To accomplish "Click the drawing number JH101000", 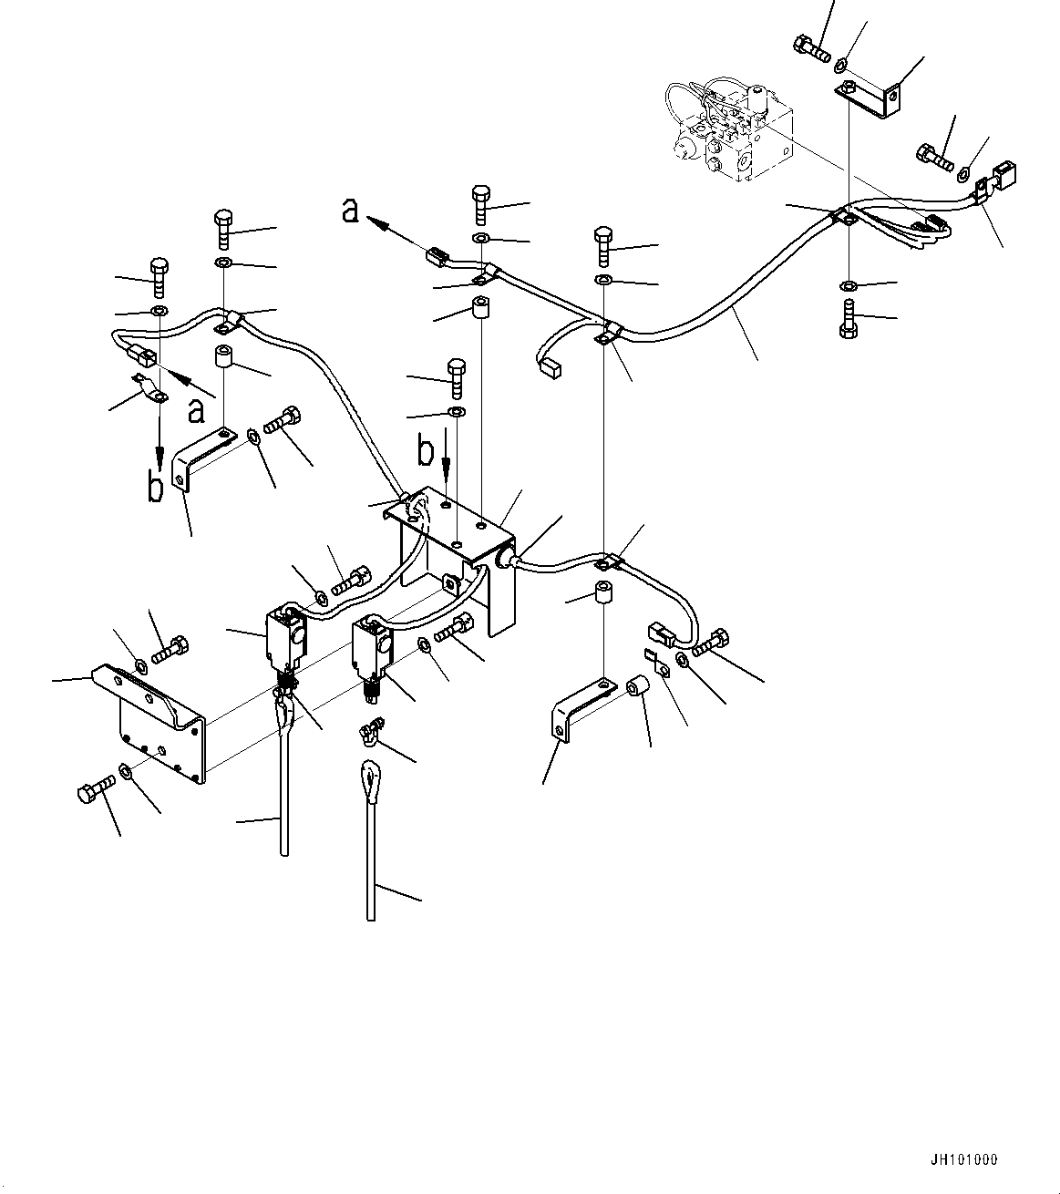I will coord(964,1160).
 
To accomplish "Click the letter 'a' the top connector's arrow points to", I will coord(350,211).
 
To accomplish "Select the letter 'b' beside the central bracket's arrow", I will coord(426,451).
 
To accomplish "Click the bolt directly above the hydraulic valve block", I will coord(811,46).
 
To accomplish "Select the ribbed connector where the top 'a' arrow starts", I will coord(437,258).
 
